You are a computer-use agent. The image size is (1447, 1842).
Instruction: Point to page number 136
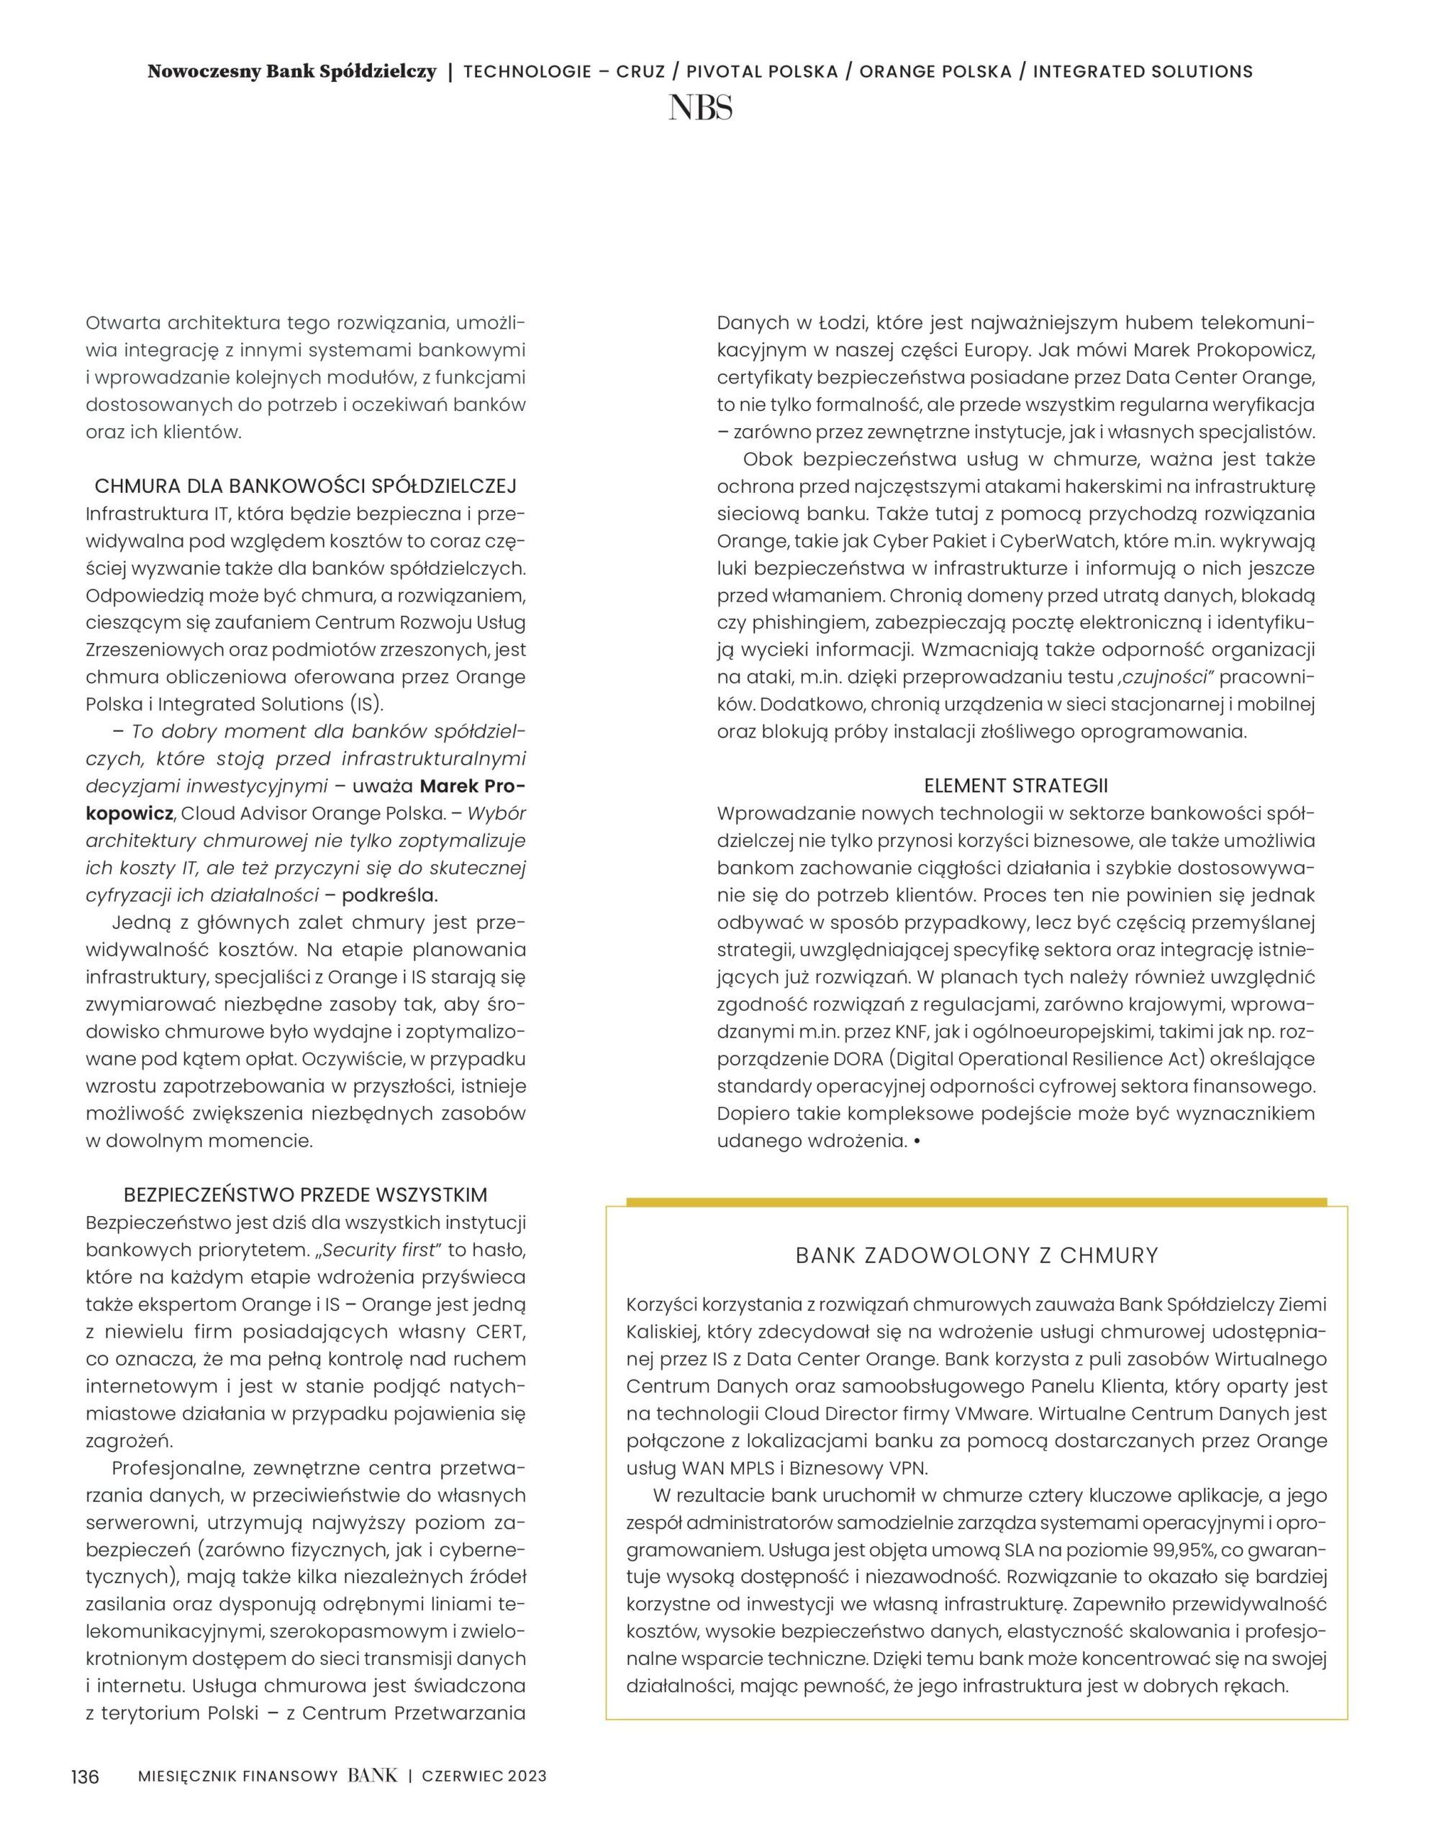(85, 1776)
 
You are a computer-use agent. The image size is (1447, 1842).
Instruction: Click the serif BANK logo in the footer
(372, 1775)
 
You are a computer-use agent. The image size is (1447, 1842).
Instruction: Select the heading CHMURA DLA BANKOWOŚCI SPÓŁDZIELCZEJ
(305, 486)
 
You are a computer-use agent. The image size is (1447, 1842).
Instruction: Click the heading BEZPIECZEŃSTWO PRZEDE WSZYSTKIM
(305, 1194)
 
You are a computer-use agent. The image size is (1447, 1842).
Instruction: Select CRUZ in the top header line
(640, 71)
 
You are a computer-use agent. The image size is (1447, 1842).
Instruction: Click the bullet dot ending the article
(917, 1141)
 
